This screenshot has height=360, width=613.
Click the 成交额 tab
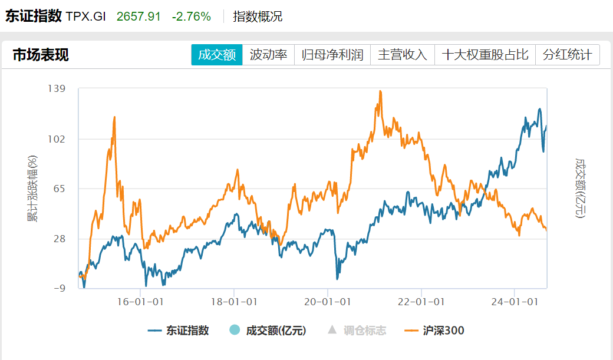coord(216,55)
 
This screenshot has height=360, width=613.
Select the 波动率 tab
coord(268,55)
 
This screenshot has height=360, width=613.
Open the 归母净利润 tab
coord(332,55)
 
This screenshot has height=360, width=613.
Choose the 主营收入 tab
coord(402,55)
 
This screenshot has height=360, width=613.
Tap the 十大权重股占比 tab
coord(485,55)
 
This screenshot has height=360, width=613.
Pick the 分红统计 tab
coord(567,55)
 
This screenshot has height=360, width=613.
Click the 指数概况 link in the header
coord(258,16)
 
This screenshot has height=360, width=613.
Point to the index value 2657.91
coord(139,16)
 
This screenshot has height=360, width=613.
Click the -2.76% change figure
coord(191,16)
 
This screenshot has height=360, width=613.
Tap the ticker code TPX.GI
coord(86,16)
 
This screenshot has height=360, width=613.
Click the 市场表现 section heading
coord(41,55)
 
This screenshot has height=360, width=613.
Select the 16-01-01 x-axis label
coord(141,302)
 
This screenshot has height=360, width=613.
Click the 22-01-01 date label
coord(422,302)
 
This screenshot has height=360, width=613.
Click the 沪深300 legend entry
coord(436,331)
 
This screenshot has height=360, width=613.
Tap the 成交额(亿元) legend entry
coord(269,331)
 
